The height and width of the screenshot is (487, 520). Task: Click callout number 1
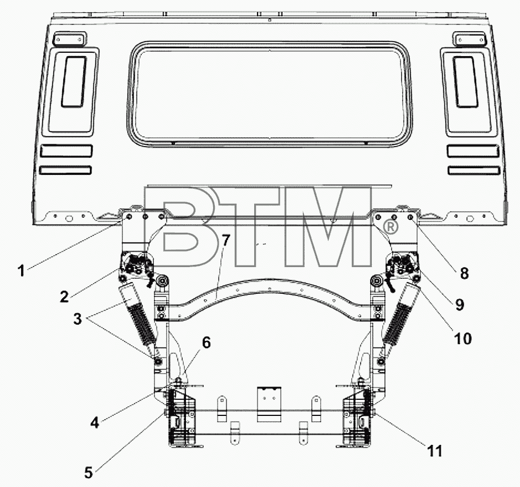click(21, 270)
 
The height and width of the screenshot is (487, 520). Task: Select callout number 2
click(64, 296)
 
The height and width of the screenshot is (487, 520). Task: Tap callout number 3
click(77, 319)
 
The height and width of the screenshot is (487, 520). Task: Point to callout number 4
click(94, 423)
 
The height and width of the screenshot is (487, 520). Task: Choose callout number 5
click(88, 473)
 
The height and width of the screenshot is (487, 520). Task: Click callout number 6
click(206, 343)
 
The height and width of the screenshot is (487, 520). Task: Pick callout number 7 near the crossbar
click(225, 240)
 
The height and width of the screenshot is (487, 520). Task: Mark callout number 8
click(465, 273)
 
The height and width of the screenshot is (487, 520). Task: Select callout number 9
click(460, 304)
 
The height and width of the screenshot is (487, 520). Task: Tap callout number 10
click(462, 339)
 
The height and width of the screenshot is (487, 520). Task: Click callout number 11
click(435, 451)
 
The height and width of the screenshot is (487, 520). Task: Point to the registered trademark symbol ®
click(390, 227)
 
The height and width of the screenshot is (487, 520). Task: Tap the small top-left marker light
click(69, 39)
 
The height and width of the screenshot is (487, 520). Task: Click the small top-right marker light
click(469, 39)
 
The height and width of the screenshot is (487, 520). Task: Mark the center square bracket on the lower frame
click(269, 404)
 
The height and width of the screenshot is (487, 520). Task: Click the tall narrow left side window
click(74, 82)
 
